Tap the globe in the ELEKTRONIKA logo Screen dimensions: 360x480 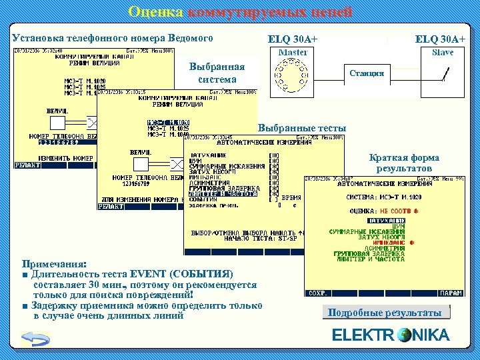(x=404, y=335)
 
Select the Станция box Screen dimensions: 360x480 (x=367, y=73)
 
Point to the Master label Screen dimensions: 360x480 (x=293, y=53)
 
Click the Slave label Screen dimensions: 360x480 (x=443, y=53)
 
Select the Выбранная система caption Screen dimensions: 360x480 (x=217, y=73)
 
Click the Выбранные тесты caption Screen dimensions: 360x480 (x=302, y=128)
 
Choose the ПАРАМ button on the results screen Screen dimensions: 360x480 (x=451, y=293)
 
